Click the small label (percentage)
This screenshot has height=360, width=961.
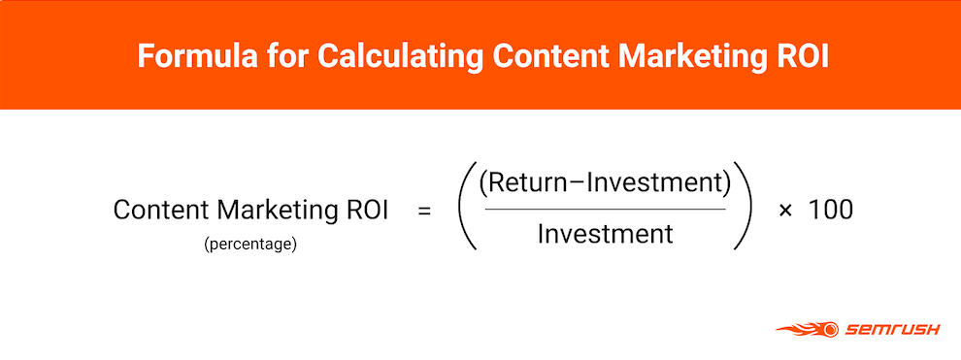pos(250,245)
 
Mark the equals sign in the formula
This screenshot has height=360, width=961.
pos(424,212)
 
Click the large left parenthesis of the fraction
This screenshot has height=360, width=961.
pos(467,207)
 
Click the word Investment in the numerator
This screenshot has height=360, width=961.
pos(654,184)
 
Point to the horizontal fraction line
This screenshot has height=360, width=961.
pos(605,210)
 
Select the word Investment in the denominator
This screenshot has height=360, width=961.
pos(606,234)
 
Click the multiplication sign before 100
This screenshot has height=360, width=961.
pos(785,212)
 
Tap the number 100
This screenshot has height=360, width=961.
pos(831,211)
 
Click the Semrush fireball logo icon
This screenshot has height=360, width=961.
pos(808,329)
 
